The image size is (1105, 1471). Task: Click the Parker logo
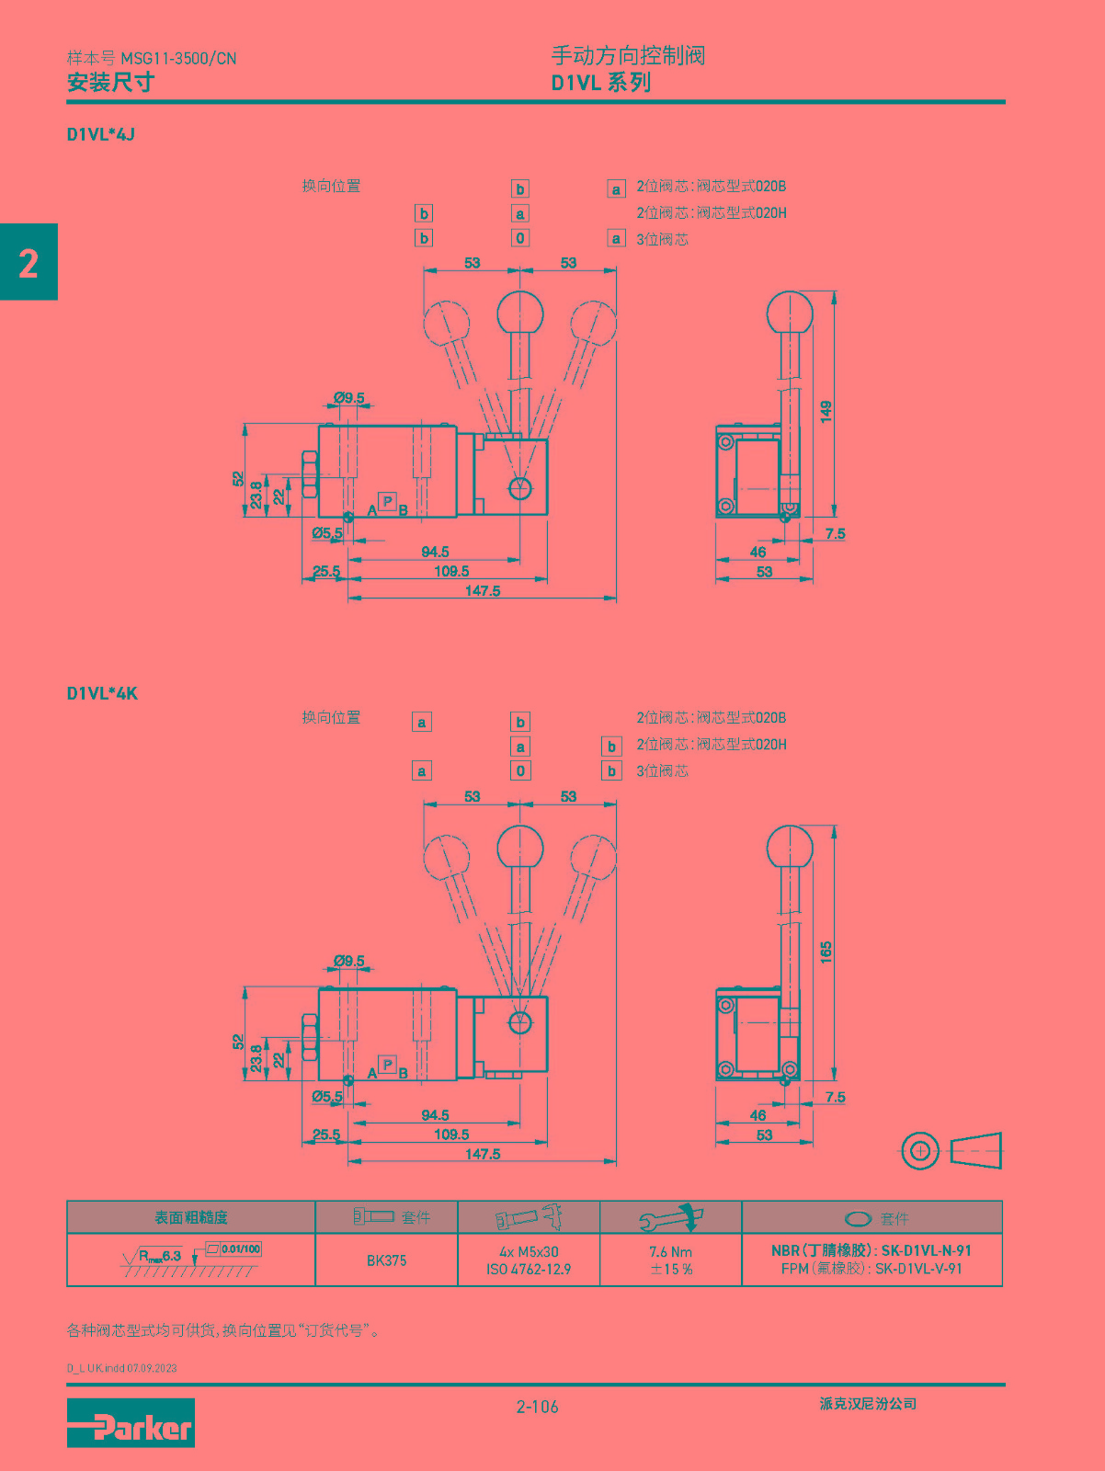(131, 1422)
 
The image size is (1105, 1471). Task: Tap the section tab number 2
(28, 263)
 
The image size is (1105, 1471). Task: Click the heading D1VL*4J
(100, 135)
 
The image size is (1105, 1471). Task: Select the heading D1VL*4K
(102, 693)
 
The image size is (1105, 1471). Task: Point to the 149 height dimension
(826, 411)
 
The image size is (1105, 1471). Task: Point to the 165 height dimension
(826, 952)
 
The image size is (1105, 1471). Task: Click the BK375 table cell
(386, 1260)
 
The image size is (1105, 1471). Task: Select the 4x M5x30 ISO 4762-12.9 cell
(529, 1260)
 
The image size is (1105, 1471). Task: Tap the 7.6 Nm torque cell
(671, 1260)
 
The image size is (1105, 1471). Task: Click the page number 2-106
(538, 1407)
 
